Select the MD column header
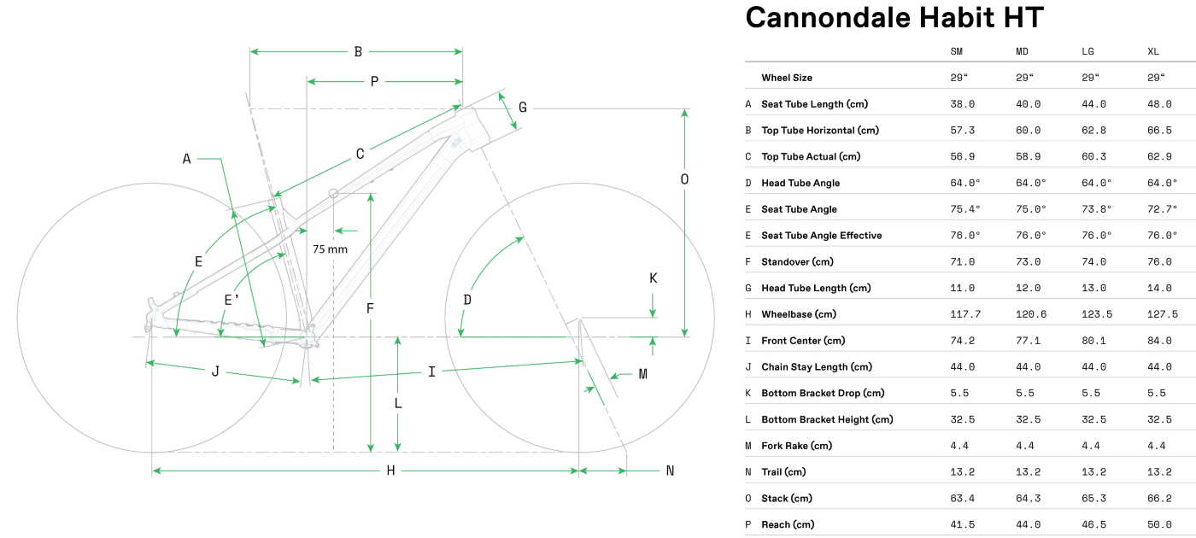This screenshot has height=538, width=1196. (1022, 52)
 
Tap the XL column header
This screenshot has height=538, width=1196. (1153, 52)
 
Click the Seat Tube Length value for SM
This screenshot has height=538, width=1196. (962, 104)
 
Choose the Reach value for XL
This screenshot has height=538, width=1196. (1159, 524)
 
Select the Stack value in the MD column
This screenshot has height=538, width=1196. (1028, 498)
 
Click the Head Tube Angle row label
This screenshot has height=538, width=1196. (800, 183)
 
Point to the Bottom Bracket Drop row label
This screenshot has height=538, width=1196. (823, 393)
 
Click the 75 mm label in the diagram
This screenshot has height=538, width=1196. (330, 249)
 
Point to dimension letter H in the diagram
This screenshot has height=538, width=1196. (390, 471)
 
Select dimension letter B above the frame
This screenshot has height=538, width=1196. (358, 52)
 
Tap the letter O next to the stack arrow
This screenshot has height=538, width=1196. (684, 179)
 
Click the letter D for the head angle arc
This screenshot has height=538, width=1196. (467, 300)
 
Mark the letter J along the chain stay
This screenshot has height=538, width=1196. (215, 371)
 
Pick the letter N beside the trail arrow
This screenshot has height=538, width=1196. (670, 471)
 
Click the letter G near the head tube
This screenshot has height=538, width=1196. (522, 108)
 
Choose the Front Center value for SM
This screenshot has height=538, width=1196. (962, 341)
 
